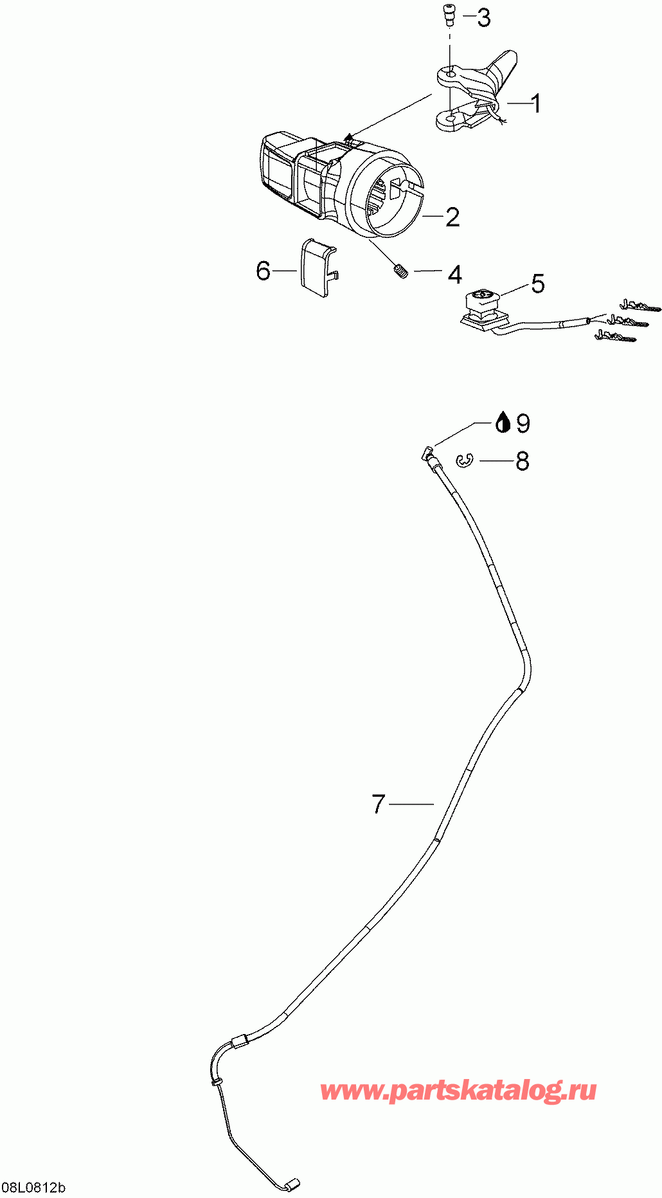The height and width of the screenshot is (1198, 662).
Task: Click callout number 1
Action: tap(534, 104)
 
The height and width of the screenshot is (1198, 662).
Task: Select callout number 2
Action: tap(452, 217)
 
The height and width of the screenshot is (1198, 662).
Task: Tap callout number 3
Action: tap(483, 18)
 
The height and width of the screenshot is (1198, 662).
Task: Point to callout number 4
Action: tap(454, 275)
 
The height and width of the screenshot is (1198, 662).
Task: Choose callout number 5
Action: tap(537, 283)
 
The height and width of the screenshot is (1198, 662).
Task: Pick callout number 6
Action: tap(263, 271)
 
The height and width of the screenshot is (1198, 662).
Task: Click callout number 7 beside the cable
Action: tap(379, 804)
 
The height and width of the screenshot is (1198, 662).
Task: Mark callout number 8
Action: tap(523, 461)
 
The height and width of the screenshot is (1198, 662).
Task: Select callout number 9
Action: tap(523, 423)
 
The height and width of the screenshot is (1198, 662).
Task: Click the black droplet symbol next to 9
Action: tap(503, 422)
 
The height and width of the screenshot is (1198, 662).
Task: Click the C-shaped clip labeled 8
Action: tap(465, 460)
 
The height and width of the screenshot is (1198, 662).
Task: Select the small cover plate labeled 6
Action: tap(316, 267)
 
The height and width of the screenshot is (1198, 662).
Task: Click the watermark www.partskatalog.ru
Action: tap(458, 1091)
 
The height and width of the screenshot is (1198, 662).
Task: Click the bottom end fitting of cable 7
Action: tap(292, 1183)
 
